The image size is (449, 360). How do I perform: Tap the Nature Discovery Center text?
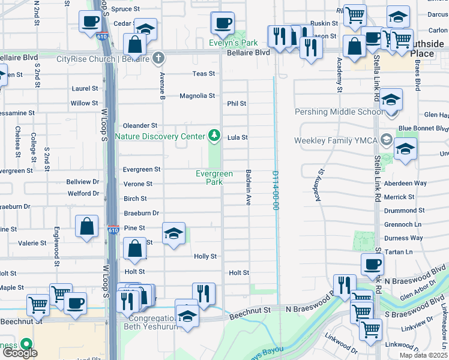[159, 136]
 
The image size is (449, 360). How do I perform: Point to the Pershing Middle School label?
[338, 112]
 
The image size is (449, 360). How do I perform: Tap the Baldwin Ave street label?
[248, 187]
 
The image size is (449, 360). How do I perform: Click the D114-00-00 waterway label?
[276, 190]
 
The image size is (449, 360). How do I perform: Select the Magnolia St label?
[197, 96]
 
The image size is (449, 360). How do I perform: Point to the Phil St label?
[237, 103]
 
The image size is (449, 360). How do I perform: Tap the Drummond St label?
[404, 211]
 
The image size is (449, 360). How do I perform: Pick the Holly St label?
[205, 256]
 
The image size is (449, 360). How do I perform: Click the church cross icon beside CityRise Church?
[158, 58]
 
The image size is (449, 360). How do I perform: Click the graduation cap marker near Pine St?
[173, 233]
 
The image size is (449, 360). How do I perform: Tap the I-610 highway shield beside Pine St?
[113, 229]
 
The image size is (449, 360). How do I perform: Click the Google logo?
[20, 353]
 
